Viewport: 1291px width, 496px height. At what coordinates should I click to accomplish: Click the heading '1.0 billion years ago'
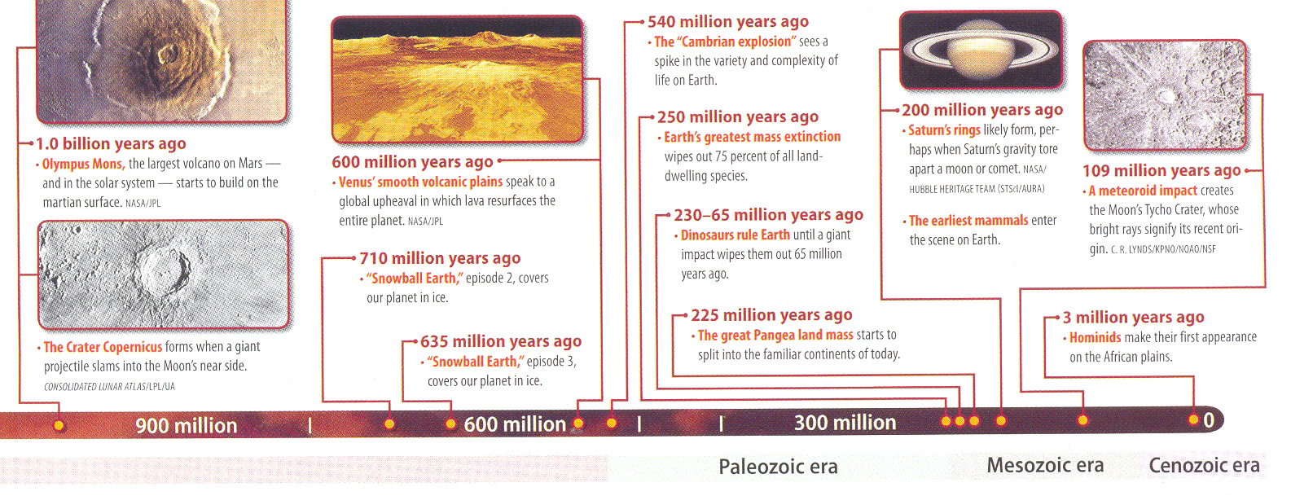(x=111, y=143)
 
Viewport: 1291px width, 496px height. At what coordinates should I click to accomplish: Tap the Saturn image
(x=981, y=50)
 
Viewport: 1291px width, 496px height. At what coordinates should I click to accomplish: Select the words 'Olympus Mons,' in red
(x=84, y=165)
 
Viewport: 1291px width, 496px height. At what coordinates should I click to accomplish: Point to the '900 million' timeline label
(x=187, y=425)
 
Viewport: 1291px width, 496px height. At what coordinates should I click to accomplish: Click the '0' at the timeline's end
(x=1209, y=420)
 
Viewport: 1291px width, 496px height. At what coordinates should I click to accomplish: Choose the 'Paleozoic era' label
(x=778, y=466)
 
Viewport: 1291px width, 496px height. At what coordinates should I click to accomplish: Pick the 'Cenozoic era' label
(x=1204, y=465)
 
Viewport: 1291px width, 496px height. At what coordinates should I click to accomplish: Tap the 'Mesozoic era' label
(x=1045, y=465)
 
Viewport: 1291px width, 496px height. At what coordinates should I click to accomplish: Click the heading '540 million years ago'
(x=728, y=22)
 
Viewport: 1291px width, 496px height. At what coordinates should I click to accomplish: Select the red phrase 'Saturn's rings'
(x=944, y=130)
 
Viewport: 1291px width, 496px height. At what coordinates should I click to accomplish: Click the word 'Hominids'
(x=1095, y=337)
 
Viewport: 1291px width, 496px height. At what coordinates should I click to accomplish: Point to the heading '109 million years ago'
(x=1161, y=170)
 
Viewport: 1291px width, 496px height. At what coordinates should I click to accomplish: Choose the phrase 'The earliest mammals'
(x=968, y=221)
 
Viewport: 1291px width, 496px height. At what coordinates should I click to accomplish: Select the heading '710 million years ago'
(x=440, y=258)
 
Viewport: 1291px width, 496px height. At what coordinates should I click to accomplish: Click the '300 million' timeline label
(x=845, y=422)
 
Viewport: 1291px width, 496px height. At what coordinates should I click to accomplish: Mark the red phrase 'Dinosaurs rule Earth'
(x=735, y=235)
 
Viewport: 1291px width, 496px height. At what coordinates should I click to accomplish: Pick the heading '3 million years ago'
(x=1133, y=318)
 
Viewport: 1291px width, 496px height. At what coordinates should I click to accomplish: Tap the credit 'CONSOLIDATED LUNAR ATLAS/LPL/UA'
(x=109, y=387)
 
